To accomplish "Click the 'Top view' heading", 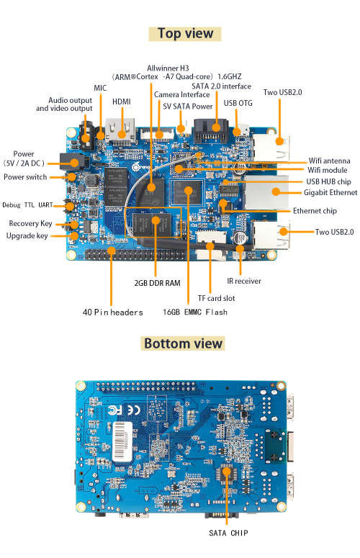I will pos(185,33).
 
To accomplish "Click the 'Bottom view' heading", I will pos(183,343).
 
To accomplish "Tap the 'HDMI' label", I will pos(121,112).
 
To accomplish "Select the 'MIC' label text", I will pos(100,88).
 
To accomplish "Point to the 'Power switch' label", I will pos(25,177).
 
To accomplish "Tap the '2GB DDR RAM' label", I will pos(157,283).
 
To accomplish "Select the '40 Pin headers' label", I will pos(112,312).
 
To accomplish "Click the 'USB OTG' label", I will pos(238,104).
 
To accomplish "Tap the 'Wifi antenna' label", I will pos(330,160).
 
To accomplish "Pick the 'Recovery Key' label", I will pos(30,223).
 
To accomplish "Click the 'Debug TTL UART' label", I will pos(28,204).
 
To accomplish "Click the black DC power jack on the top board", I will pos(71,159).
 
